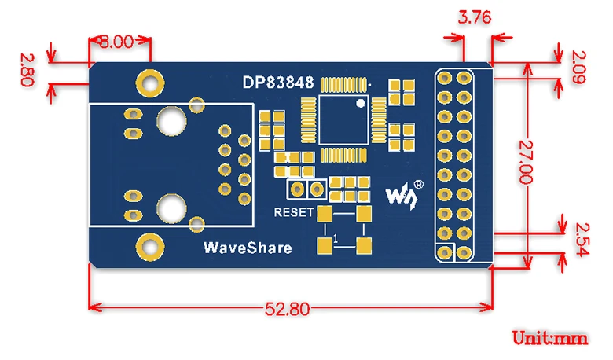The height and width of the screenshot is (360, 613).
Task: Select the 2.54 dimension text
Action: (582, 239)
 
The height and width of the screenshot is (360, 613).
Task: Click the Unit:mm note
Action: (550, 338)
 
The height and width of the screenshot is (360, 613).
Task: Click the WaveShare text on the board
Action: (248, 248)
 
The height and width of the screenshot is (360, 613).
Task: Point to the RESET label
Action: (293, 212)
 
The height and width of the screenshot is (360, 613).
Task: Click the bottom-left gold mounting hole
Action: (148, 246)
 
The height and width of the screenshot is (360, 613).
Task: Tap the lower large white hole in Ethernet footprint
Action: (170, 208)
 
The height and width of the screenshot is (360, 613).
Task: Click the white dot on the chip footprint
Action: (359, 104)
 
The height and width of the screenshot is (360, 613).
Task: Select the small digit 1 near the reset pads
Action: (336, 237)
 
